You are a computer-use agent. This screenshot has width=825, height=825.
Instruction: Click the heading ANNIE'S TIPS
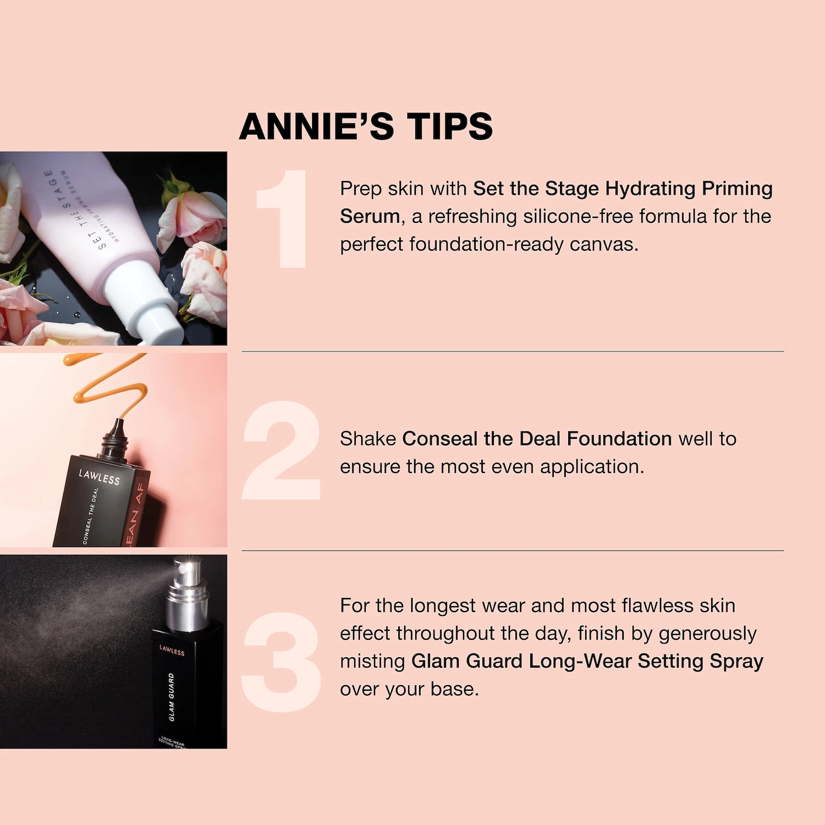pos(366,127)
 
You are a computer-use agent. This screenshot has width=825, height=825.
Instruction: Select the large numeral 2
pos(282,450)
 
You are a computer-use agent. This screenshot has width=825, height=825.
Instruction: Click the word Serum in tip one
pos(370,217)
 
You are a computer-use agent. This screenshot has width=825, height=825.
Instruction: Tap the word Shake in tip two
pos(368,439)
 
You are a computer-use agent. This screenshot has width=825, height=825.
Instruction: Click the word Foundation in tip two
pos(619,439)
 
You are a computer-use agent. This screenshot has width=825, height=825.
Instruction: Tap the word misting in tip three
pos(372,661)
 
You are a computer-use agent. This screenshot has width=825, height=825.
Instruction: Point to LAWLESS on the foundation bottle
pos(99,477)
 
